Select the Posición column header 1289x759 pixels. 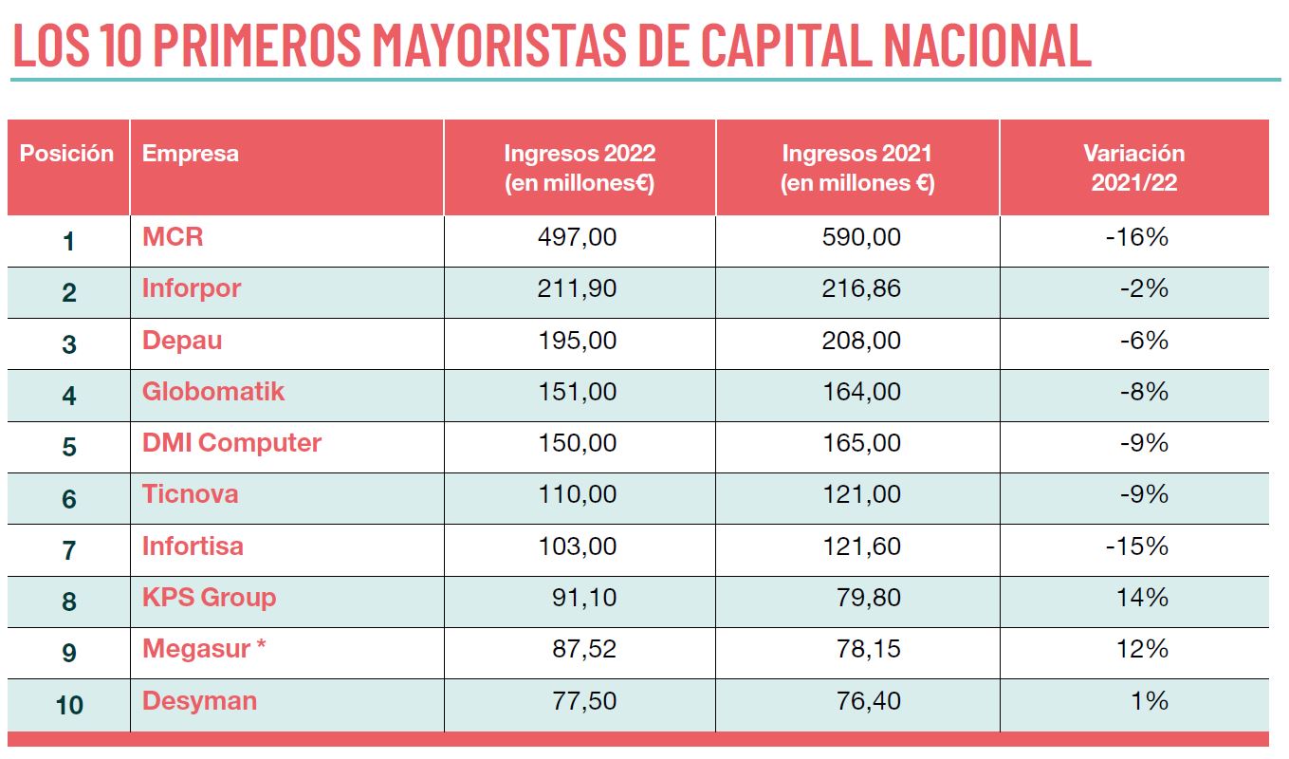pos(66,154)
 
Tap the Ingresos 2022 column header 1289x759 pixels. pos(579,168)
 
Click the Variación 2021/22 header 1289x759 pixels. pos(1134,168)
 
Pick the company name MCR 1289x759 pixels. pos(173,236)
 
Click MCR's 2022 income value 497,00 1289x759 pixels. pos(578,237)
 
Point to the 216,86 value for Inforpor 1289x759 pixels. pos(861,288)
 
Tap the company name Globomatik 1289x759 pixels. pos(213,391)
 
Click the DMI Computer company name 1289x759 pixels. pos(231,442)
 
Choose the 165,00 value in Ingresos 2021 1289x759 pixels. pos(861,443)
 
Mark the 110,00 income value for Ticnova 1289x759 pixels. pos(578,494)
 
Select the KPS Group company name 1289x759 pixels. pos(209,598)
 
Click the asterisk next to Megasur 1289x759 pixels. pos(261,645)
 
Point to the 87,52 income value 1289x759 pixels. pos(584,650)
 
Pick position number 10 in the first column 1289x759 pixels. pos(68,706)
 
